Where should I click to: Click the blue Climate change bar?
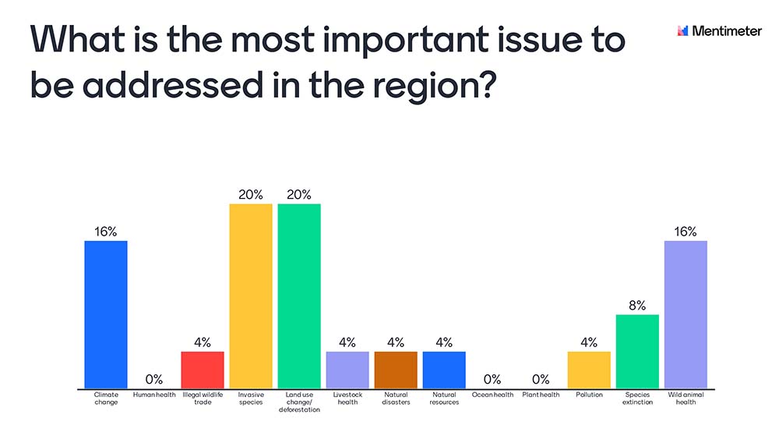106,314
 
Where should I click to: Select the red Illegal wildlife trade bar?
203,370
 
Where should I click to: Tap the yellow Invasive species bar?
251,296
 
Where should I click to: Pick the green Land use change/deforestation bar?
299,296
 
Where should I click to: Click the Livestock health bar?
347,370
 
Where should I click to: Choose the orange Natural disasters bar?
396,370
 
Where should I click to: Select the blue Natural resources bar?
444,370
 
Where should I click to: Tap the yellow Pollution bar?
589,370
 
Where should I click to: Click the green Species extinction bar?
637,351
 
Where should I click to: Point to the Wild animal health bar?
686,314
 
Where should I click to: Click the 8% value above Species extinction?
637,306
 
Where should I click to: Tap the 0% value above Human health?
154,380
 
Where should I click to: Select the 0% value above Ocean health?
492,380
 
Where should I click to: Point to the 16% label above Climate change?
106,232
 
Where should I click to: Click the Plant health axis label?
541,395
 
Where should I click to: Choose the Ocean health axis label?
492,395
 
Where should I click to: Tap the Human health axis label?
154,395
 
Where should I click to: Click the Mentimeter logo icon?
683,31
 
